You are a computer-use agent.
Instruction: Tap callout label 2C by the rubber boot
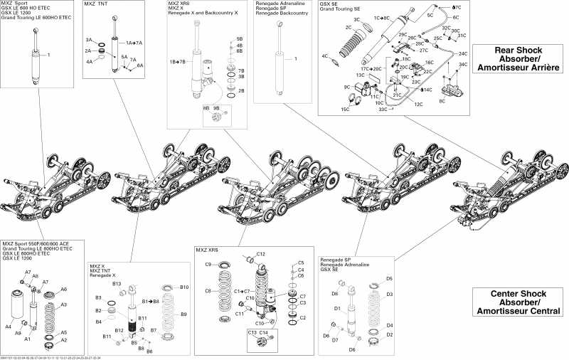pos(349,27)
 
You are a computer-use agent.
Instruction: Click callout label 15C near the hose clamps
pos(345,110)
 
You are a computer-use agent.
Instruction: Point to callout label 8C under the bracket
pos(442,102)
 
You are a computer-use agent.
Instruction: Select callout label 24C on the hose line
pos(462,53)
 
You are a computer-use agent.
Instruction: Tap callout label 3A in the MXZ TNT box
pos(89,40)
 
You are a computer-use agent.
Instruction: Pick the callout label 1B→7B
pos(178,62)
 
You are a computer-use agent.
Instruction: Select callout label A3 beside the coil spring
pos(63,305)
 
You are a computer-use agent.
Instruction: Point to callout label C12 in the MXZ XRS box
pos(260,254)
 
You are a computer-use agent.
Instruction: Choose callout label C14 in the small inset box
pos(263,333)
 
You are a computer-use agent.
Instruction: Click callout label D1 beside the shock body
pos(338,308)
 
